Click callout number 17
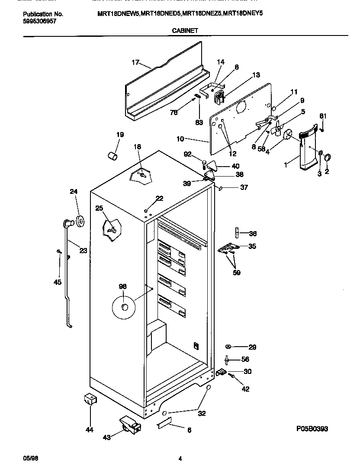click(x=135, y=62)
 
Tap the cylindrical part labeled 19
click(x=112, y=155)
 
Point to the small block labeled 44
click(x=89, y=399)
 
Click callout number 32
click(x=202, y=413)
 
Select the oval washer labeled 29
click(x=228, y=347)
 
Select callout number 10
click(x=180, y=139)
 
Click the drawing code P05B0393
click(x=312, y=429)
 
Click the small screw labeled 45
click(x=58, y=251)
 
